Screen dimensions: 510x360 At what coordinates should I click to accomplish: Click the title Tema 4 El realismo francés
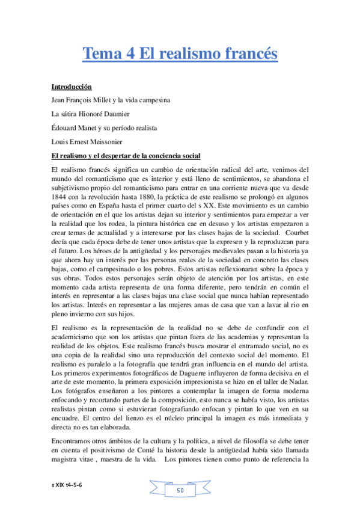(x=180, y=54)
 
